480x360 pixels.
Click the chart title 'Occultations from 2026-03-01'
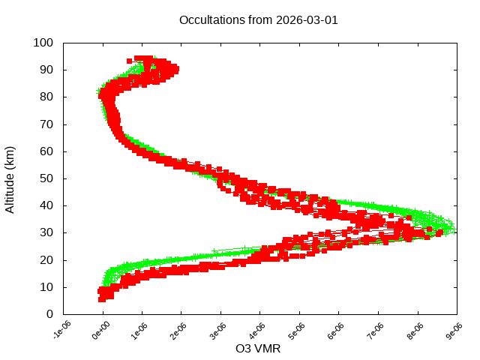coord(258,20)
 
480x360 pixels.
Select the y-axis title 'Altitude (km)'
coord(10,178)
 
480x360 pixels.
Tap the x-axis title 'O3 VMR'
coord(258,349)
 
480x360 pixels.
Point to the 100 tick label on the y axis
coord(43,43)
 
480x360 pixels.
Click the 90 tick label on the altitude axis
coord(46,70)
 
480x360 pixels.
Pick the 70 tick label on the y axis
coord(46,124)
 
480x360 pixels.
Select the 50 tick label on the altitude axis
coord(46,178)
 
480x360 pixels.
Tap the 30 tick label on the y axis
coord(46,232)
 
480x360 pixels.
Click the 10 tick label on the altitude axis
coord(46,286)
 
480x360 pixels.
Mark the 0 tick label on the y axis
coord(49,313)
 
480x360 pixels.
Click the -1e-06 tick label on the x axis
coord(61,330)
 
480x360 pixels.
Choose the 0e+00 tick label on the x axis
coord(100,330)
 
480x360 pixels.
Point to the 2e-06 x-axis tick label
coord(179,330)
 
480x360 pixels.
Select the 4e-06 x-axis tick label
coord(258,330)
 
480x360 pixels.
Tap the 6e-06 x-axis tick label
coord(337,330)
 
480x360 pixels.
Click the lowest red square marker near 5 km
coord(102,298)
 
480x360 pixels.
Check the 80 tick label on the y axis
coord(46,97)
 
